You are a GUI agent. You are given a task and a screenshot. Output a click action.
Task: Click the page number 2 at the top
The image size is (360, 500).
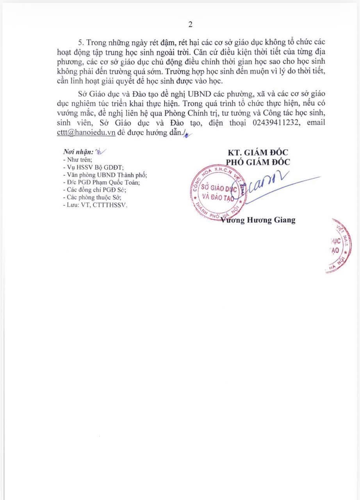[x=191, y=25]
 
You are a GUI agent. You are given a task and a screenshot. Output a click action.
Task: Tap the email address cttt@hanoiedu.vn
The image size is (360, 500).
[x=86, y=132]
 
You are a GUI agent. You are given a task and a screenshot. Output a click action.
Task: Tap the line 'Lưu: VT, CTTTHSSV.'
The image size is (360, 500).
[x=95, y=204]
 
